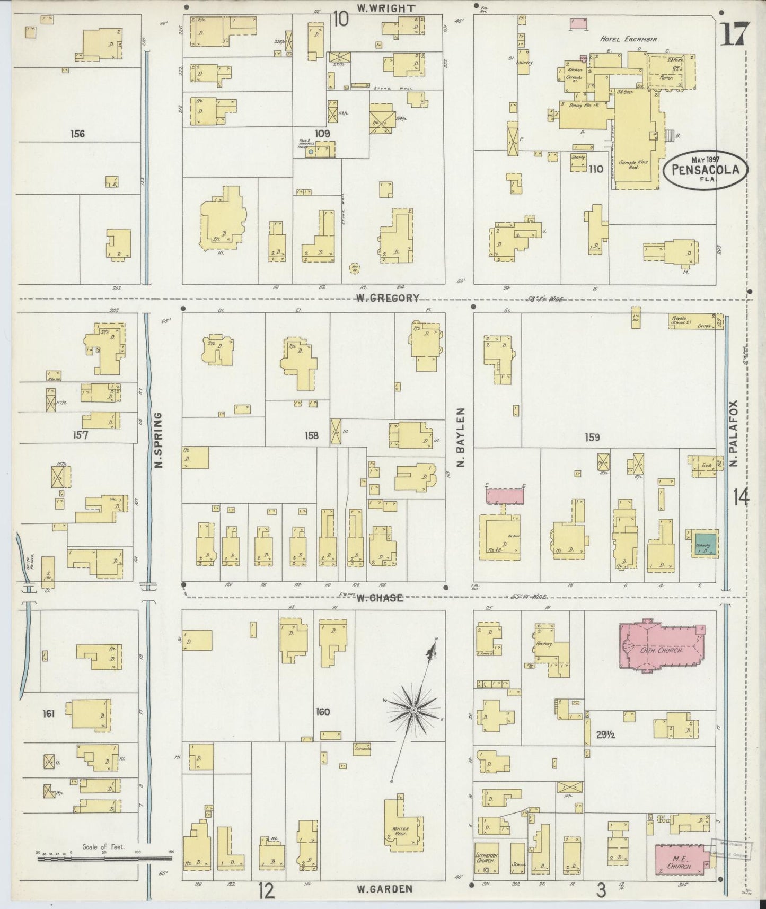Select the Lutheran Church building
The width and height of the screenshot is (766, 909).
tap(486, 860)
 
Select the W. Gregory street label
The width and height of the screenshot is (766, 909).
tap(388, 298)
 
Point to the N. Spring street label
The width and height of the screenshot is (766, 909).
tap(157, 441)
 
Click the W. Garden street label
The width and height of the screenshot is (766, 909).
tap(384, 889)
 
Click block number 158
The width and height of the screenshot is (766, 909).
tap(311, 435)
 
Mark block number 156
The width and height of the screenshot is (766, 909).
tap(77, 134)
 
